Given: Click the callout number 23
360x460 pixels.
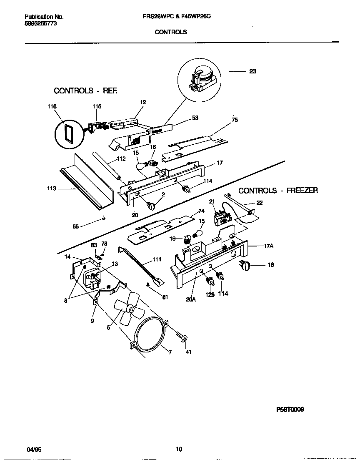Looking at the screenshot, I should pyautogui.click(x=252, y=71).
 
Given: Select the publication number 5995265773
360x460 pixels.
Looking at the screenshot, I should pyautogui.click(x=41, y=24).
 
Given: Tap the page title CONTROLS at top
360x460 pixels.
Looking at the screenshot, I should pyautogui.click(x=171, y=32).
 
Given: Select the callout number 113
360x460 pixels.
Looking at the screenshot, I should pyautogui.click(x=51, y=189).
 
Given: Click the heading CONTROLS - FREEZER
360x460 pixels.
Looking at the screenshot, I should pyautogui.click(x=278, y=191).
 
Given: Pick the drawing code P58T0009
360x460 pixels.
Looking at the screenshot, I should pyautogui.click(x=290, y=410).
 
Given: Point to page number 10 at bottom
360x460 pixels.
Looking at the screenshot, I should pyautogui.click(x=179, y=449).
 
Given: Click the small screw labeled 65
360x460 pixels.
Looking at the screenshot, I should pyautogui.click(x=102, y=218).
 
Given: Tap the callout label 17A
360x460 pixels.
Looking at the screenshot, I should pyautogui.click(x=269, y=246).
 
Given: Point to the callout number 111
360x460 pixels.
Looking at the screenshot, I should pyautogui.click(x=156, y=259).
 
